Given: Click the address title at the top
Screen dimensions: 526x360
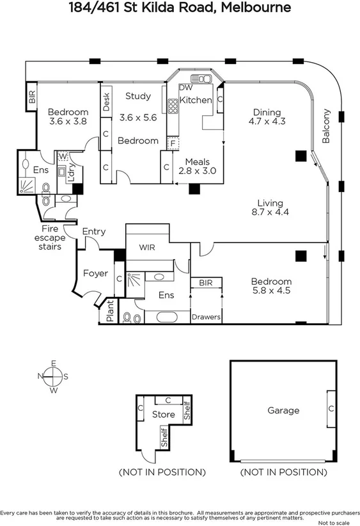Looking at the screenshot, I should pos(180,8).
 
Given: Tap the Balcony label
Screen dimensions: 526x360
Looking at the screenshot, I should pos(327,125).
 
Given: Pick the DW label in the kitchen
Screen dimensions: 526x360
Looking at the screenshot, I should pos(185,88).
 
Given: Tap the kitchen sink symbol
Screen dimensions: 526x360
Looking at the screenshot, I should pos(201,79).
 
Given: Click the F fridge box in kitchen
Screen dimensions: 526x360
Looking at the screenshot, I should pos(171,144).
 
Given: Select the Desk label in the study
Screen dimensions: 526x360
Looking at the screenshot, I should pos(106,100).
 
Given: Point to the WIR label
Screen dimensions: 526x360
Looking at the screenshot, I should pos(148,246).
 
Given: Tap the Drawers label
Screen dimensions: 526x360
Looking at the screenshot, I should pos(207,317).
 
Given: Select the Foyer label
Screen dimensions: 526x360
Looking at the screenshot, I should pos(95,274).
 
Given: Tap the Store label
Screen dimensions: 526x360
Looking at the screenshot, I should pos(163,415).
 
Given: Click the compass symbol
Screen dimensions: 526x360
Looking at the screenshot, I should pos(54,376).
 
